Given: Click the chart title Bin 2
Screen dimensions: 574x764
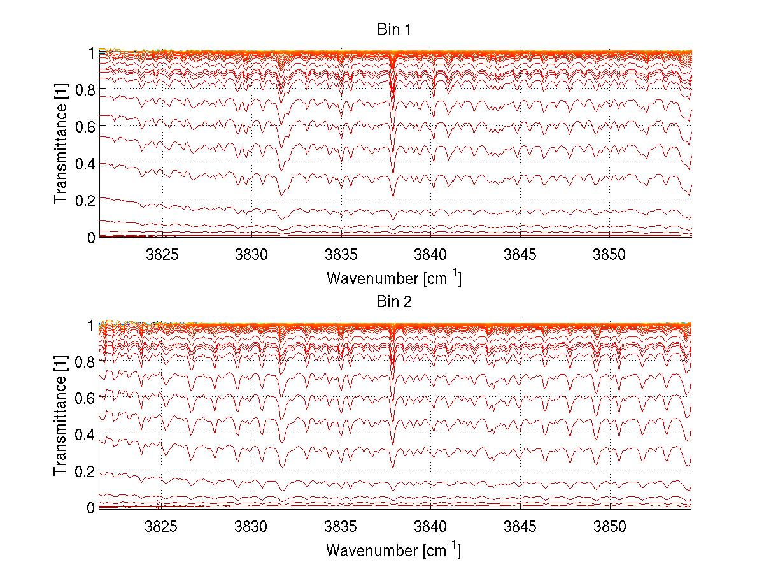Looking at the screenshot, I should pos(395,302).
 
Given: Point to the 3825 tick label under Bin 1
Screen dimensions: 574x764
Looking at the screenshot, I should pos(162,254).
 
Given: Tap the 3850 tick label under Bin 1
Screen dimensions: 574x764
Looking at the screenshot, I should pos(610,254).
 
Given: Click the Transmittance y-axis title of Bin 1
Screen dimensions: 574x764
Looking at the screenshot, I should pos(61,145).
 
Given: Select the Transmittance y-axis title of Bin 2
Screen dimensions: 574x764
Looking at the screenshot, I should pos(61,416).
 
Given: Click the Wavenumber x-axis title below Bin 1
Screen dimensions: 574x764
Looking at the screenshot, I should pos(394,278).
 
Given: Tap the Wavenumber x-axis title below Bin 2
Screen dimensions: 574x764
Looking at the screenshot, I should pos(394,549).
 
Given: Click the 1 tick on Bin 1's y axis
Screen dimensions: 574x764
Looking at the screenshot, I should pos(92,53).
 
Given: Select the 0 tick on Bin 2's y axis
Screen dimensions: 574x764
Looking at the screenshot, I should pos(92,508).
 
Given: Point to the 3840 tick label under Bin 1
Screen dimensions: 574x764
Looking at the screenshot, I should pos(431,254).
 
